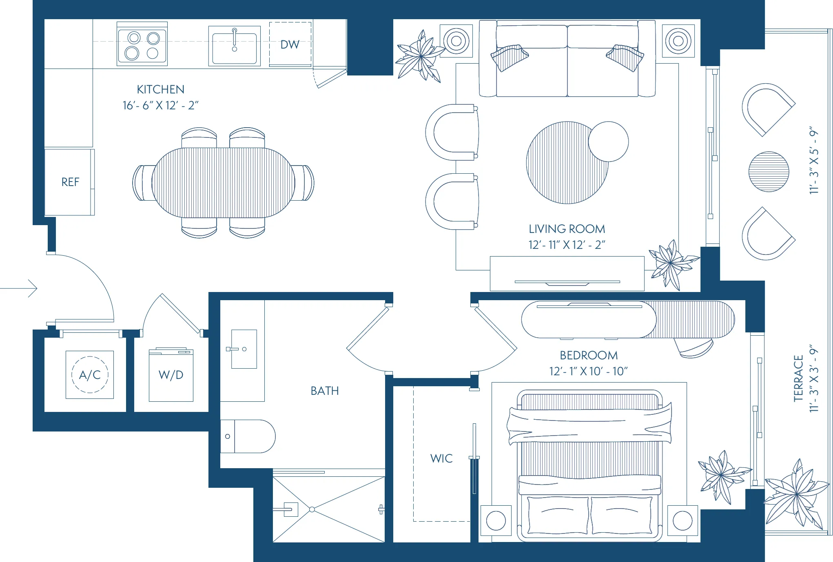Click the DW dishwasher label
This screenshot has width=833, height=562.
(x=290, y=44)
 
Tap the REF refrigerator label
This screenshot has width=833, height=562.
(x=70, y=182)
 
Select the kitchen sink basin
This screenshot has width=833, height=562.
(x=235, y=48)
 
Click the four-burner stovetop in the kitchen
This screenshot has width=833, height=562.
(x=142, y=44)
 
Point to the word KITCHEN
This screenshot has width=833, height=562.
(x=160, y=89)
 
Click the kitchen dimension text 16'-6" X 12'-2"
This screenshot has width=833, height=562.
(x=160, y=105)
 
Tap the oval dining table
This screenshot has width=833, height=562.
(x=223, y=182)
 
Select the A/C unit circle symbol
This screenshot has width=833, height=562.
(x=90, y=374)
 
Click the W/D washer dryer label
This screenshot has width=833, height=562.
(x=171, y=375)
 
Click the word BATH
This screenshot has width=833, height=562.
(x=325, y=391)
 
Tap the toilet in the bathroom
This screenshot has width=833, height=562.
(x=249, y=436)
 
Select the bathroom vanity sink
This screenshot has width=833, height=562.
(x=244, y=349)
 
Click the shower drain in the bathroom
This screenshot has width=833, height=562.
(x=312, y=509)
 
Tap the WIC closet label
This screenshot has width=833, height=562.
(x=441, y=458)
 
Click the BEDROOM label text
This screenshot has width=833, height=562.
(x=589, y=355)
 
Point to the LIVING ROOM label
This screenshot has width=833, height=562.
(x=567, y=229)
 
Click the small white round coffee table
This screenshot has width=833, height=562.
(x=609, y=142)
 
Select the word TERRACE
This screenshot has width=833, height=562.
(x=798, y=378)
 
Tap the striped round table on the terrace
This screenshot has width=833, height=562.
(x=769, y=172)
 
